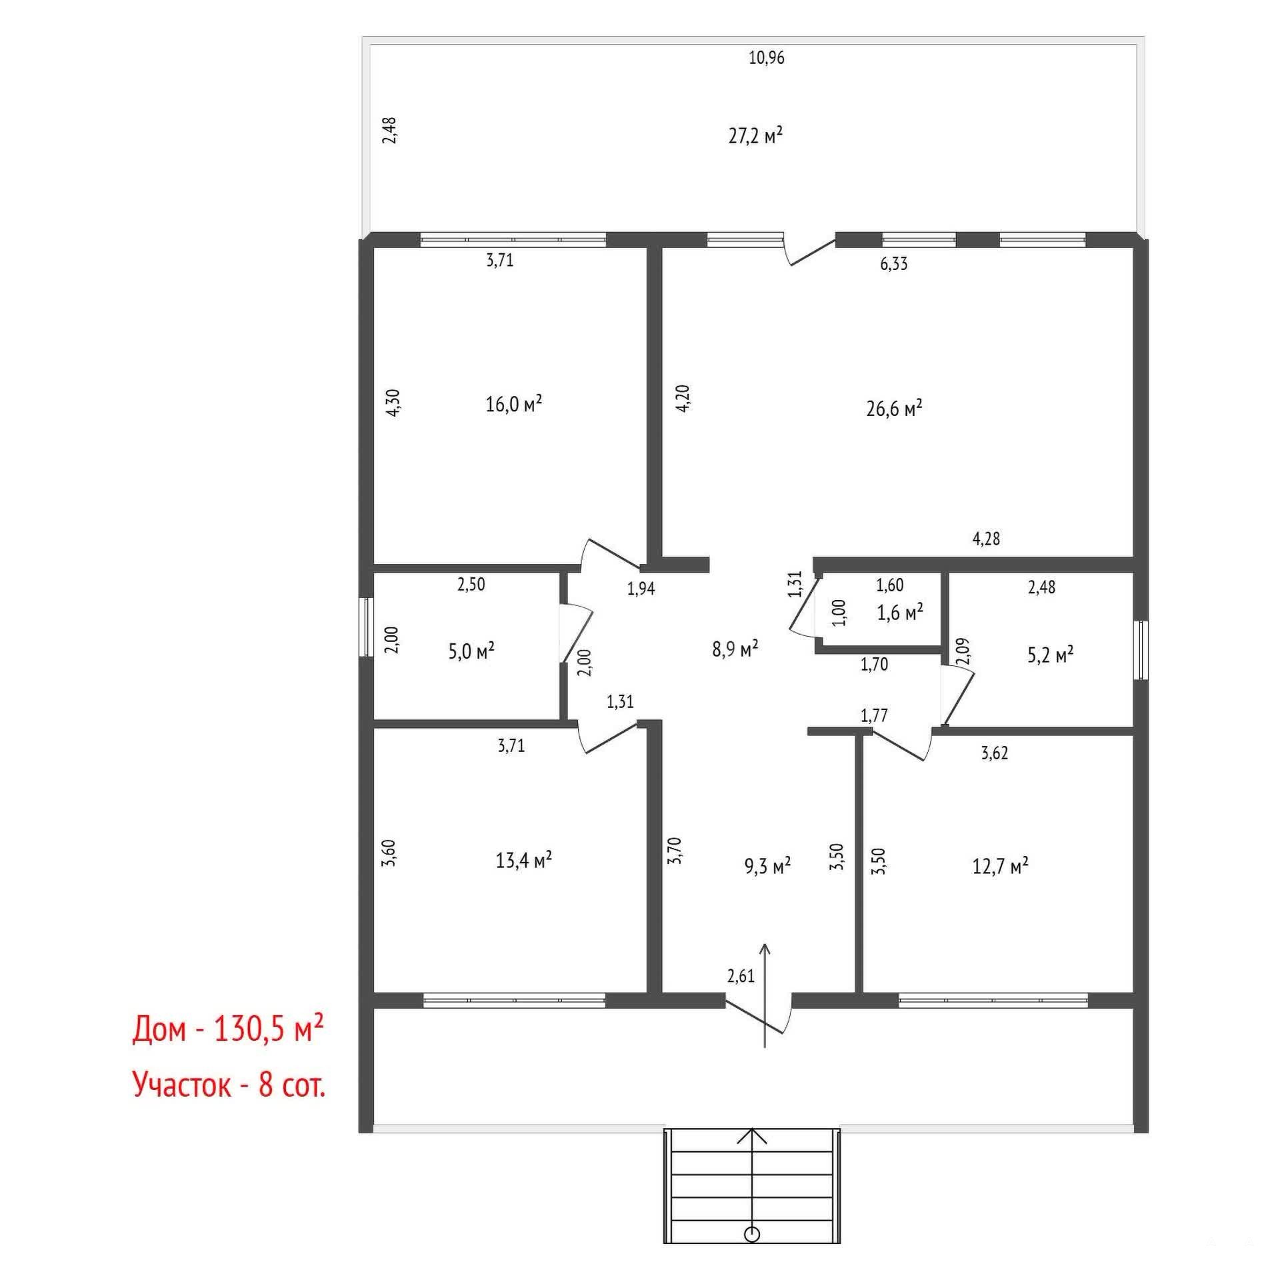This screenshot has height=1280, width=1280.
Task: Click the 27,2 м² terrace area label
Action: [755, 136]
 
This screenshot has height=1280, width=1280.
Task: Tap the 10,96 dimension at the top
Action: [767, 58]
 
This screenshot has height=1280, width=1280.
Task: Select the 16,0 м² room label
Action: [513, 403]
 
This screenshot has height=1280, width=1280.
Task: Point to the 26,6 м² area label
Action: [894, 408]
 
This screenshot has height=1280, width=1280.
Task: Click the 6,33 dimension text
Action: [894, 264]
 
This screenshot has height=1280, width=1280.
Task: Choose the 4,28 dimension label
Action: [986, 539]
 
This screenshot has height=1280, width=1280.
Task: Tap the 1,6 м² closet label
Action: [900, 612]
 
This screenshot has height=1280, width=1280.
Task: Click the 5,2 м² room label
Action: [1051, 655]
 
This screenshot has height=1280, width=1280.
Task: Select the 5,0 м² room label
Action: [471, 651]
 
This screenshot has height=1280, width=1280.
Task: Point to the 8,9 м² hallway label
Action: [735, 649]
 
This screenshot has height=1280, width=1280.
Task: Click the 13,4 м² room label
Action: [523, 860]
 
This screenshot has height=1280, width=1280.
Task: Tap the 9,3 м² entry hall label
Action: [767, 866]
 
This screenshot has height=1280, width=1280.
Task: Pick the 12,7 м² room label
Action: [1000, 866]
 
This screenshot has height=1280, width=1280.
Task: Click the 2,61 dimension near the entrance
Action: [741, 977]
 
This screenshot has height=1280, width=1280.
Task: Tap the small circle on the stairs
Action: [752, 1235]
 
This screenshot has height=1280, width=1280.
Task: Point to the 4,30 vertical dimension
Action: [393, 403]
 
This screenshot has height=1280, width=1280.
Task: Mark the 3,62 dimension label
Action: [994, 753]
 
